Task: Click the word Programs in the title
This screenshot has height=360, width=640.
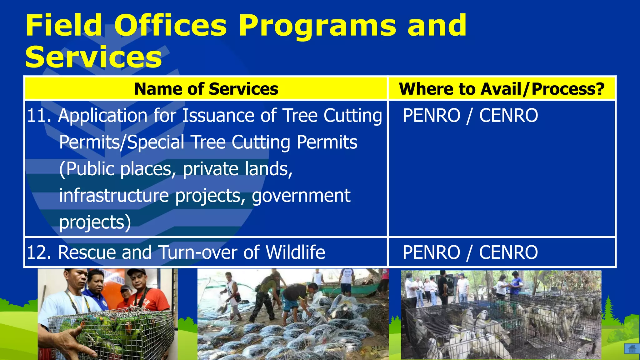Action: tap(317, 26)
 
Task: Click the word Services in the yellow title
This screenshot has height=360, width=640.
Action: tap(93, 57)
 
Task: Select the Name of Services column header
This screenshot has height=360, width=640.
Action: tap(206, 89)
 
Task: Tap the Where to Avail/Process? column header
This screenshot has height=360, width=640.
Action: tap(502, 89)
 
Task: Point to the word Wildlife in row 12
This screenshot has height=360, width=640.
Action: tap(295, 252)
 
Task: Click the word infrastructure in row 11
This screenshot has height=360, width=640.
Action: tap(114, 196)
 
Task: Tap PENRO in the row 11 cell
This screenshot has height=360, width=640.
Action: tap(431, 116)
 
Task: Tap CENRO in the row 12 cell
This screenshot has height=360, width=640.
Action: tap(508, 252)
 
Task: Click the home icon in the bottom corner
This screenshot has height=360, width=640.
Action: tap(632, 348)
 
